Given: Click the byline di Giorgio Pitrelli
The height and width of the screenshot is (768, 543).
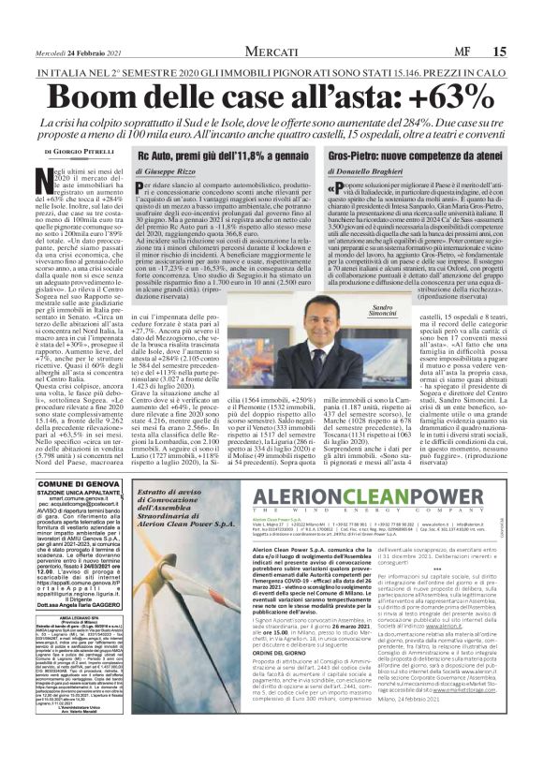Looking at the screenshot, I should coord(61,149).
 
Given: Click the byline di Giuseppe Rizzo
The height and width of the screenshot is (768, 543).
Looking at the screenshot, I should coord(172,171).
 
